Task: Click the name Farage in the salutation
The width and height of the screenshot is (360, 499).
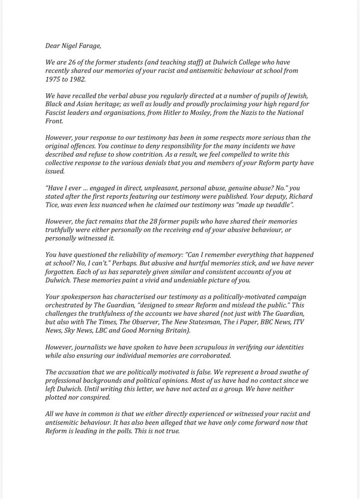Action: [88, 46]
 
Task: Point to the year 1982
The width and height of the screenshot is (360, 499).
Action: [84, 79]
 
